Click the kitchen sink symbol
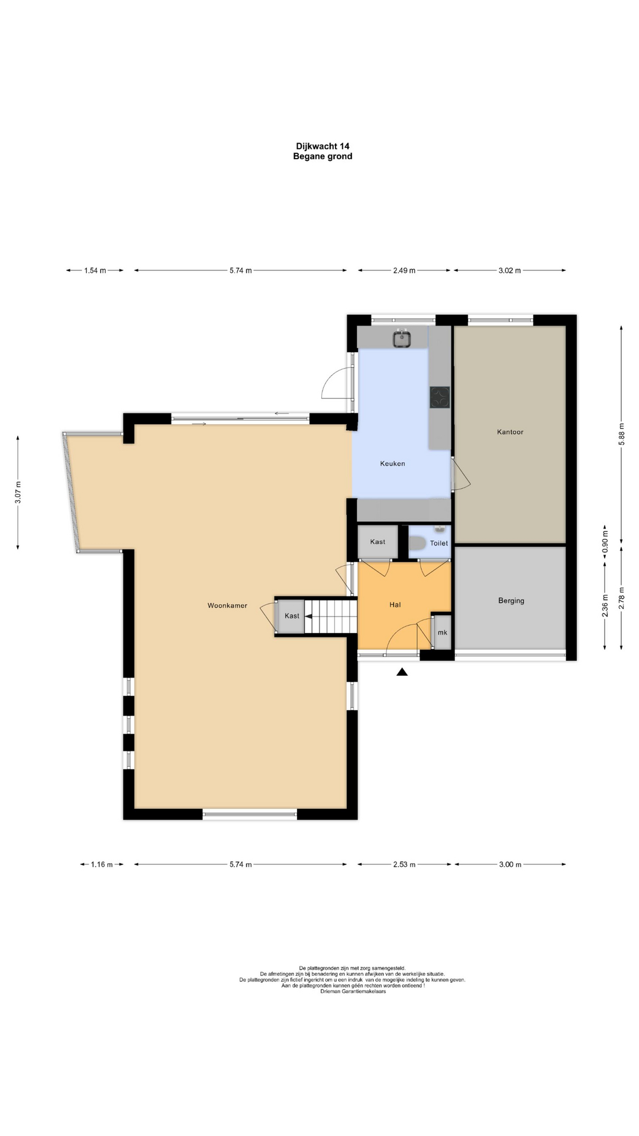tap(402, 338)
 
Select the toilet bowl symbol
tap(417, 543)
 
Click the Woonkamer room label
tap(227, 605)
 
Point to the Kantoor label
tap(510, 432)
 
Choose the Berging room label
tap(511, 601)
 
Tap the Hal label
tap(395, 604)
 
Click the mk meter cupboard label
tap(443, 632)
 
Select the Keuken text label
tap(392, 463)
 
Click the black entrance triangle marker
tap(402, 672)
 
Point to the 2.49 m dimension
tap(404, 270)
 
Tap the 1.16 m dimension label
tap(102, 864)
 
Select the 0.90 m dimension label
tap(605, 544)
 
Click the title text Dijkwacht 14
tap(323, 146)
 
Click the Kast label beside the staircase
tap(292, 616)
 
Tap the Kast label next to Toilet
tap(377, 541)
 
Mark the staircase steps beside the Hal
tap(332, 616)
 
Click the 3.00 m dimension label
tap(510, 864)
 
